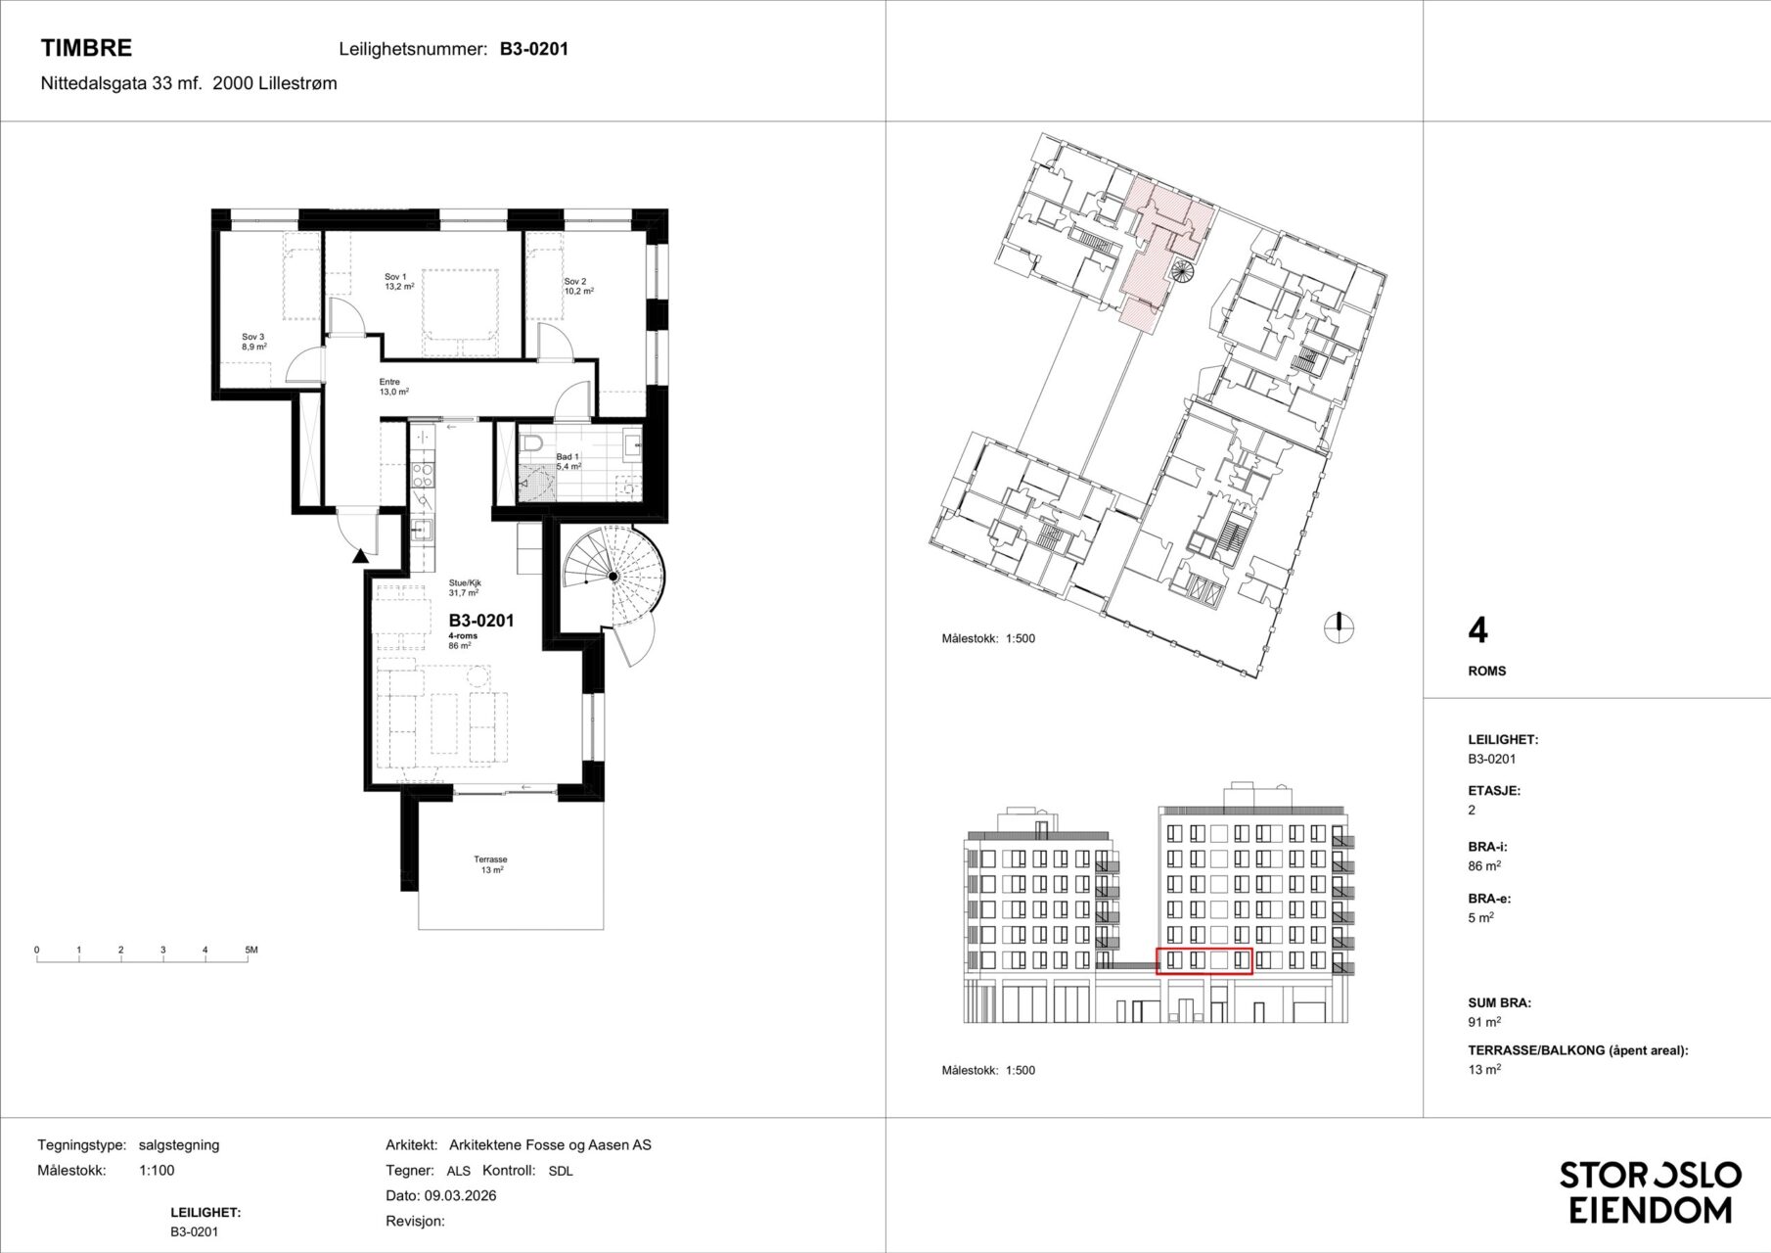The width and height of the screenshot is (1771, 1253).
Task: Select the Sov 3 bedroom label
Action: click(x=254, y=341)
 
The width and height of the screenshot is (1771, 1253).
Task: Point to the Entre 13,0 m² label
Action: click(x=393, y=387)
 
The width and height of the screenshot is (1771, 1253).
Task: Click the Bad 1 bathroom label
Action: click(x=568, y=462)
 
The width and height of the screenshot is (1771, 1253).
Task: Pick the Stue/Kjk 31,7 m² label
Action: click(x=465, y=587)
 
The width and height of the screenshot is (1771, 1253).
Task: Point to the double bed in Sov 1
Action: click(x=461, y=313)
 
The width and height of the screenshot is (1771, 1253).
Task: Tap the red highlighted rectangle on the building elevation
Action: click(x=1204, y=961)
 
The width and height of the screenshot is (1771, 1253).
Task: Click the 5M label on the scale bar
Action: click(x=250, y=951)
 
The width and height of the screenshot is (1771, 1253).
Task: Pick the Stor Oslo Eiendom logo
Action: click(x=1650, y=1192)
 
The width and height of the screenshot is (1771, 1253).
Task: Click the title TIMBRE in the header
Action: click(x=86, y=48)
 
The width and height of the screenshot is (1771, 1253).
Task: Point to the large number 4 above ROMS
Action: click(x=1478, y=631)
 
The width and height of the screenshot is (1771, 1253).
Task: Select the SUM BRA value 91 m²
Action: click(x=1484, y=1023)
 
